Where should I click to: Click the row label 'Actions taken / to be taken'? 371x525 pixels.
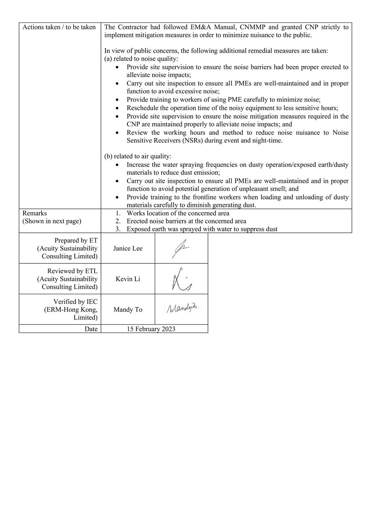(59, 27)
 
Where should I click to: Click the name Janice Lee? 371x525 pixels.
(128, 248)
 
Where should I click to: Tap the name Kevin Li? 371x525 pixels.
(128, 279)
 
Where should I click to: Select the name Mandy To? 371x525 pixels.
(128, 310)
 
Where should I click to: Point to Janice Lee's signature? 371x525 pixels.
(181, 248)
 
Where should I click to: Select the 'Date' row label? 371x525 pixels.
(91, 329)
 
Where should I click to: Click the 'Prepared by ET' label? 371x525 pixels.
(76, 240)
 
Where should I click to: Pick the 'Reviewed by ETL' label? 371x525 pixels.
(72, 271)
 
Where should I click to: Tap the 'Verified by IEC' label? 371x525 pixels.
(75, 302)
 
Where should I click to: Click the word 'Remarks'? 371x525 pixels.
(35, 213)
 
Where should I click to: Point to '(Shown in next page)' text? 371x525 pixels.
(52, 221)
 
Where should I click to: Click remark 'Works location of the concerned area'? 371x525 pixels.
(178, 213)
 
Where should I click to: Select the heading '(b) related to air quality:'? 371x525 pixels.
(138, 156)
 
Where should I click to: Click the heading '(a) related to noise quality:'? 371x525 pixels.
(141, 59)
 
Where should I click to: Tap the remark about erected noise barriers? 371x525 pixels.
(186, 221)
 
